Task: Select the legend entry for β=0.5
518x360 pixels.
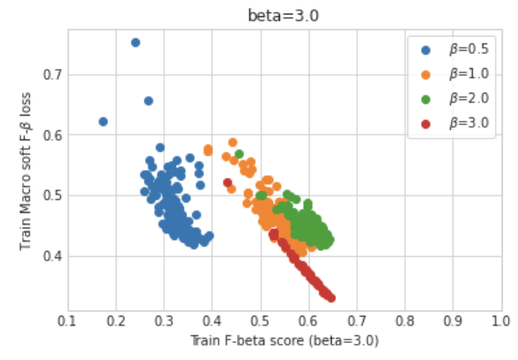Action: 466,49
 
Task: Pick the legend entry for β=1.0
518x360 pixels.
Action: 466,74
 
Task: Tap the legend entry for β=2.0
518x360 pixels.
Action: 466,99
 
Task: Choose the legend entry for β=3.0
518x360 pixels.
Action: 466,123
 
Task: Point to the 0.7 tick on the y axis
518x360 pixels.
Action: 53,74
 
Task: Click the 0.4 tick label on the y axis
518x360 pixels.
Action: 53,256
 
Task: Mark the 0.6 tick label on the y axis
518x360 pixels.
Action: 53,135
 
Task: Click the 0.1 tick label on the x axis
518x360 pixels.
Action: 68,321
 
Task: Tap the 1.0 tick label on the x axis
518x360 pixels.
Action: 500,321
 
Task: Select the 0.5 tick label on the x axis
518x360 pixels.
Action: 260,321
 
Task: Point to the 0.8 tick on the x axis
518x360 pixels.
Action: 404,321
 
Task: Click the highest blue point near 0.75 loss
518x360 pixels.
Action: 135,43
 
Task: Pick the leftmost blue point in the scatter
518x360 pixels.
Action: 104,122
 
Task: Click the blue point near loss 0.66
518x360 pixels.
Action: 148,100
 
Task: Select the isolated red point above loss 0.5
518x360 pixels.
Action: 228,182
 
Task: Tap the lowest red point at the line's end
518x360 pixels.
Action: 331,298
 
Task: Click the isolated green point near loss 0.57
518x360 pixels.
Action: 240,154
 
